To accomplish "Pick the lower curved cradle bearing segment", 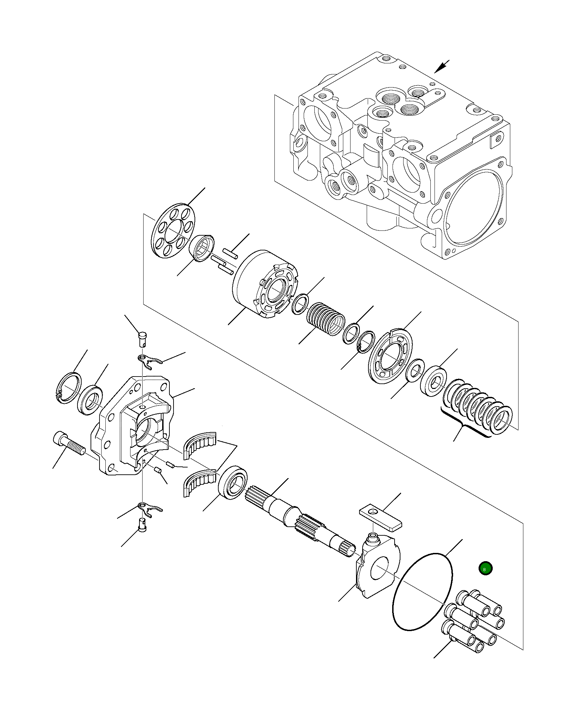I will point(198,484).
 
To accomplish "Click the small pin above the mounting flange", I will point(143,339).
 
